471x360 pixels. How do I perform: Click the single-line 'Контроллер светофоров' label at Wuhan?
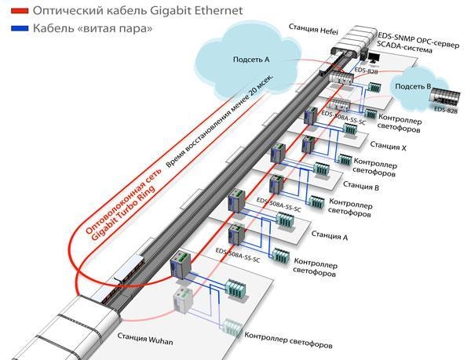tap(288, 344)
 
